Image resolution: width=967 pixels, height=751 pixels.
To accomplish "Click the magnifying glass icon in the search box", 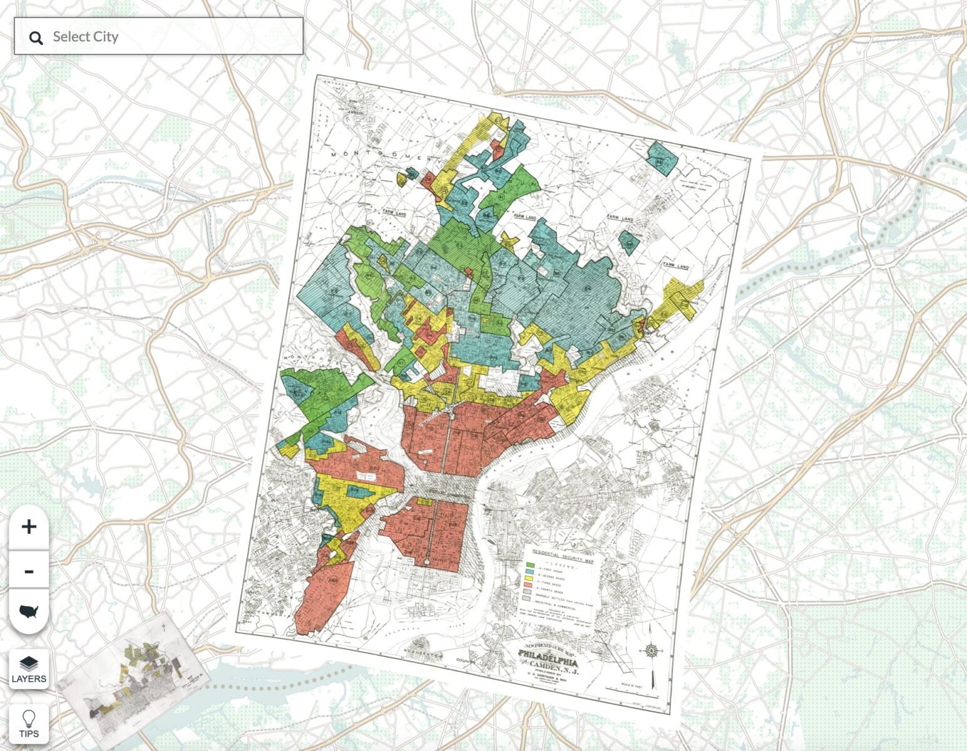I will (x=36, y=38).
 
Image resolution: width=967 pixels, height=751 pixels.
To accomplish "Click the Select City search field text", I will (x=86, y=36).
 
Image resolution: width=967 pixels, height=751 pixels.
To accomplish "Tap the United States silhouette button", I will (x=29, y=611).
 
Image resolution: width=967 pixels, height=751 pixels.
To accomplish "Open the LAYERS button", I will (x=29, y=668).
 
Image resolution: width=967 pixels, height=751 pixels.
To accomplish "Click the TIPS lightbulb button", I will (x=29, y=723).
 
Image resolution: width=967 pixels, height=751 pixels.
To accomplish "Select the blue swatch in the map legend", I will (x=530, y=572).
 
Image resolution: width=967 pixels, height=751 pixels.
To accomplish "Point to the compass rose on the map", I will (x=652, y=651).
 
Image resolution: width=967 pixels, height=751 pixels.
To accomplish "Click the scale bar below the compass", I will (x=632, y=692).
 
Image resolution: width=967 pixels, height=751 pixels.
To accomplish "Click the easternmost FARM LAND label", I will (x=677, y=267).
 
